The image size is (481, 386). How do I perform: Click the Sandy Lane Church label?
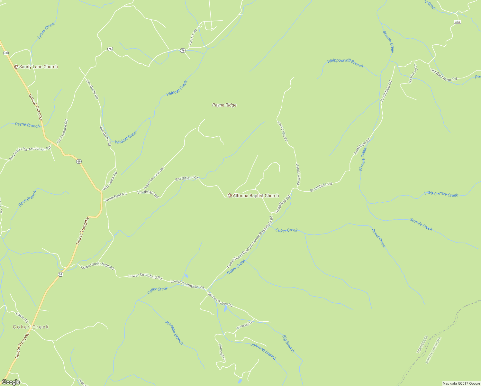38,67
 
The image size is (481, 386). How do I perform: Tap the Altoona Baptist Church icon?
230,196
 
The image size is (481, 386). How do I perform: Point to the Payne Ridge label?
224,105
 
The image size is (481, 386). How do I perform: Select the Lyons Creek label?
46,31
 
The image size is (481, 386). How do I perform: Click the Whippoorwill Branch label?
345,63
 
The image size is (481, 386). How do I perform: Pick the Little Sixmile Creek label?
441,194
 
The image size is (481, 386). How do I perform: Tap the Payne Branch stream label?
27,125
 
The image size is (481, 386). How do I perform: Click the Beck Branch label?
27,198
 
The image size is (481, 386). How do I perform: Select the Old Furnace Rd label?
62,131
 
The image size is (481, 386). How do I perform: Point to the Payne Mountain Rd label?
154,178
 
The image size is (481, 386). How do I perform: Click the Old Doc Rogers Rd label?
220,299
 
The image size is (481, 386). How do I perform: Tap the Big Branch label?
288,344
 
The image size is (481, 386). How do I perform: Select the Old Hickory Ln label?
413,74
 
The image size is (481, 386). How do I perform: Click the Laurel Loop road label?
193,37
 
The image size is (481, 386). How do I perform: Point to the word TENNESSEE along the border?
422,345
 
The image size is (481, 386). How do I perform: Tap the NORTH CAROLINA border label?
433,351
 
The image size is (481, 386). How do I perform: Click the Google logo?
11,382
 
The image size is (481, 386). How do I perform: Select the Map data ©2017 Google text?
461,383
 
